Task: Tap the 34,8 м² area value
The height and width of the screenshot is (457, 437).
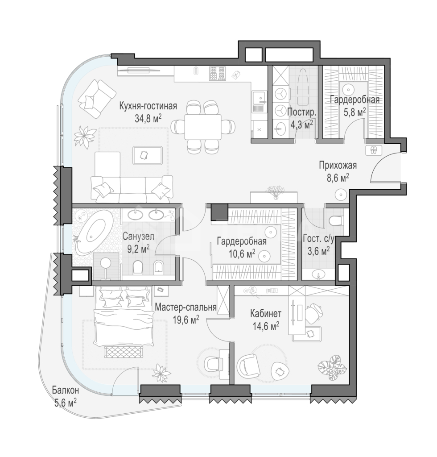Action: (148, 119)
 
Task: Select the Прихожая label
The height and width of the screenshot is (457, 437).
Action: (338, 166)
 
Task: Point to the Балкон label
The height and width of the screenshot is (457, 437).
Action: (66, 390)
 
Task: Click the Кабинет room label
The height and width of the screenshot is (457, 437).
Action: (266, 314)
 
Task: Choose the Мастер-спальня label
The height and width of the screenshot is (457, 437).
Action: (186, 307)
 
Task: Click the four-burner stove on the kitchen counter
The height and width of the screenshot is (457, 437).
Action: (217, 73)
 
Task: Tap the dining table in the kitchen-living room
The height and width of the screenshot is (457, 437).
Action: (203, 127)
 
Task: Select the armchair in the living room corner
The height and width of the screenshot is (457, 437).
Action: (96, 99)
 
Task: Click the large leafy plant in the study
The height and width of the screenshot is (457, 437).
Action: (331, 368)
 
